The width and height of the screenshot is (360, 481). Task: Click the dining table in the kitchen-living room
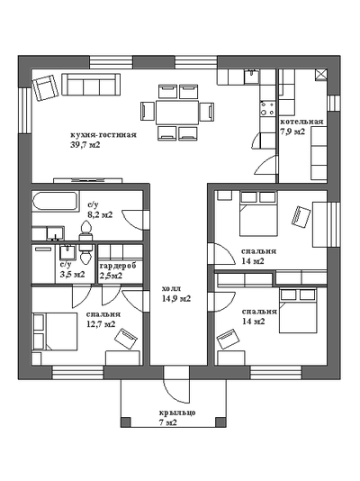click(176, 113)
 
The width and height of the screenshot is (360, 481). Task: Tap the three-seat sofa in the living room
click(91, 85)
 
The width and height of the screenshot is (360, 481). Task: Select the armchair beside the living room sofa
click(45, 88)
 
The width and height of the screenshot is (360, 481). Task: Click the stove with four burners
click(267, 109)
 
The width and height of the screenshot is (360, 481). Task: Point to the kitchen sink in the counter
click(252, 77)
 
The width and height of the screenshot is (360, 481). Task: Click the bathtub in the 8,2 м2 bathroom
click(56, 201)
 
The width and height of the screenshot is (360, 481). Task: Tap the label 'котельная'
click(301, 122)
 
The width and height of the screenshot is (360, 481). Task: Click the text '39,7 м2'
click(85, 145)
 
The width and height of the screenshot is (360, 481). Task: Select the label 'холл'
click(172, 288)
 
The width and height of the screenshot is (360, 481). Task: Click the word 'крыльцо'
click(177, 413)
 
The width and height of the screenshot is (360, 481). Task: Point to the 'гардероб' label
click(118, 266)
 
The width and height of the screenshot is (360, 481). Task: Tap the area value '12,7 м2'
click(101, 324)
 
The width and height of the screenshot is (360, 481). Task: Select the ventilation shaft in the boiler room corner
click(321, 75)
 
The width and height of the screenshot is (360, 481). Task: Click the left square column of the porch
click(125, 422)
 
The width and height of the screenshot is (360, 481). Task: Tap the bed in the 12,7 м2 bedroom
click(55, 331)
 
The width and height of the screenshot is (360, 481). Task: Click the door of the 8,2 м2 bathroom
click(133, 220)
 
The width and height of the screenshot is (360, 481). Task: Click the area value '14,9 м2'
click(176, 299)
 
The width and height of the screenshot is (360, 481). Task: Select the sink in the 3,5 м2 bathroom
click(67, 252)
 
